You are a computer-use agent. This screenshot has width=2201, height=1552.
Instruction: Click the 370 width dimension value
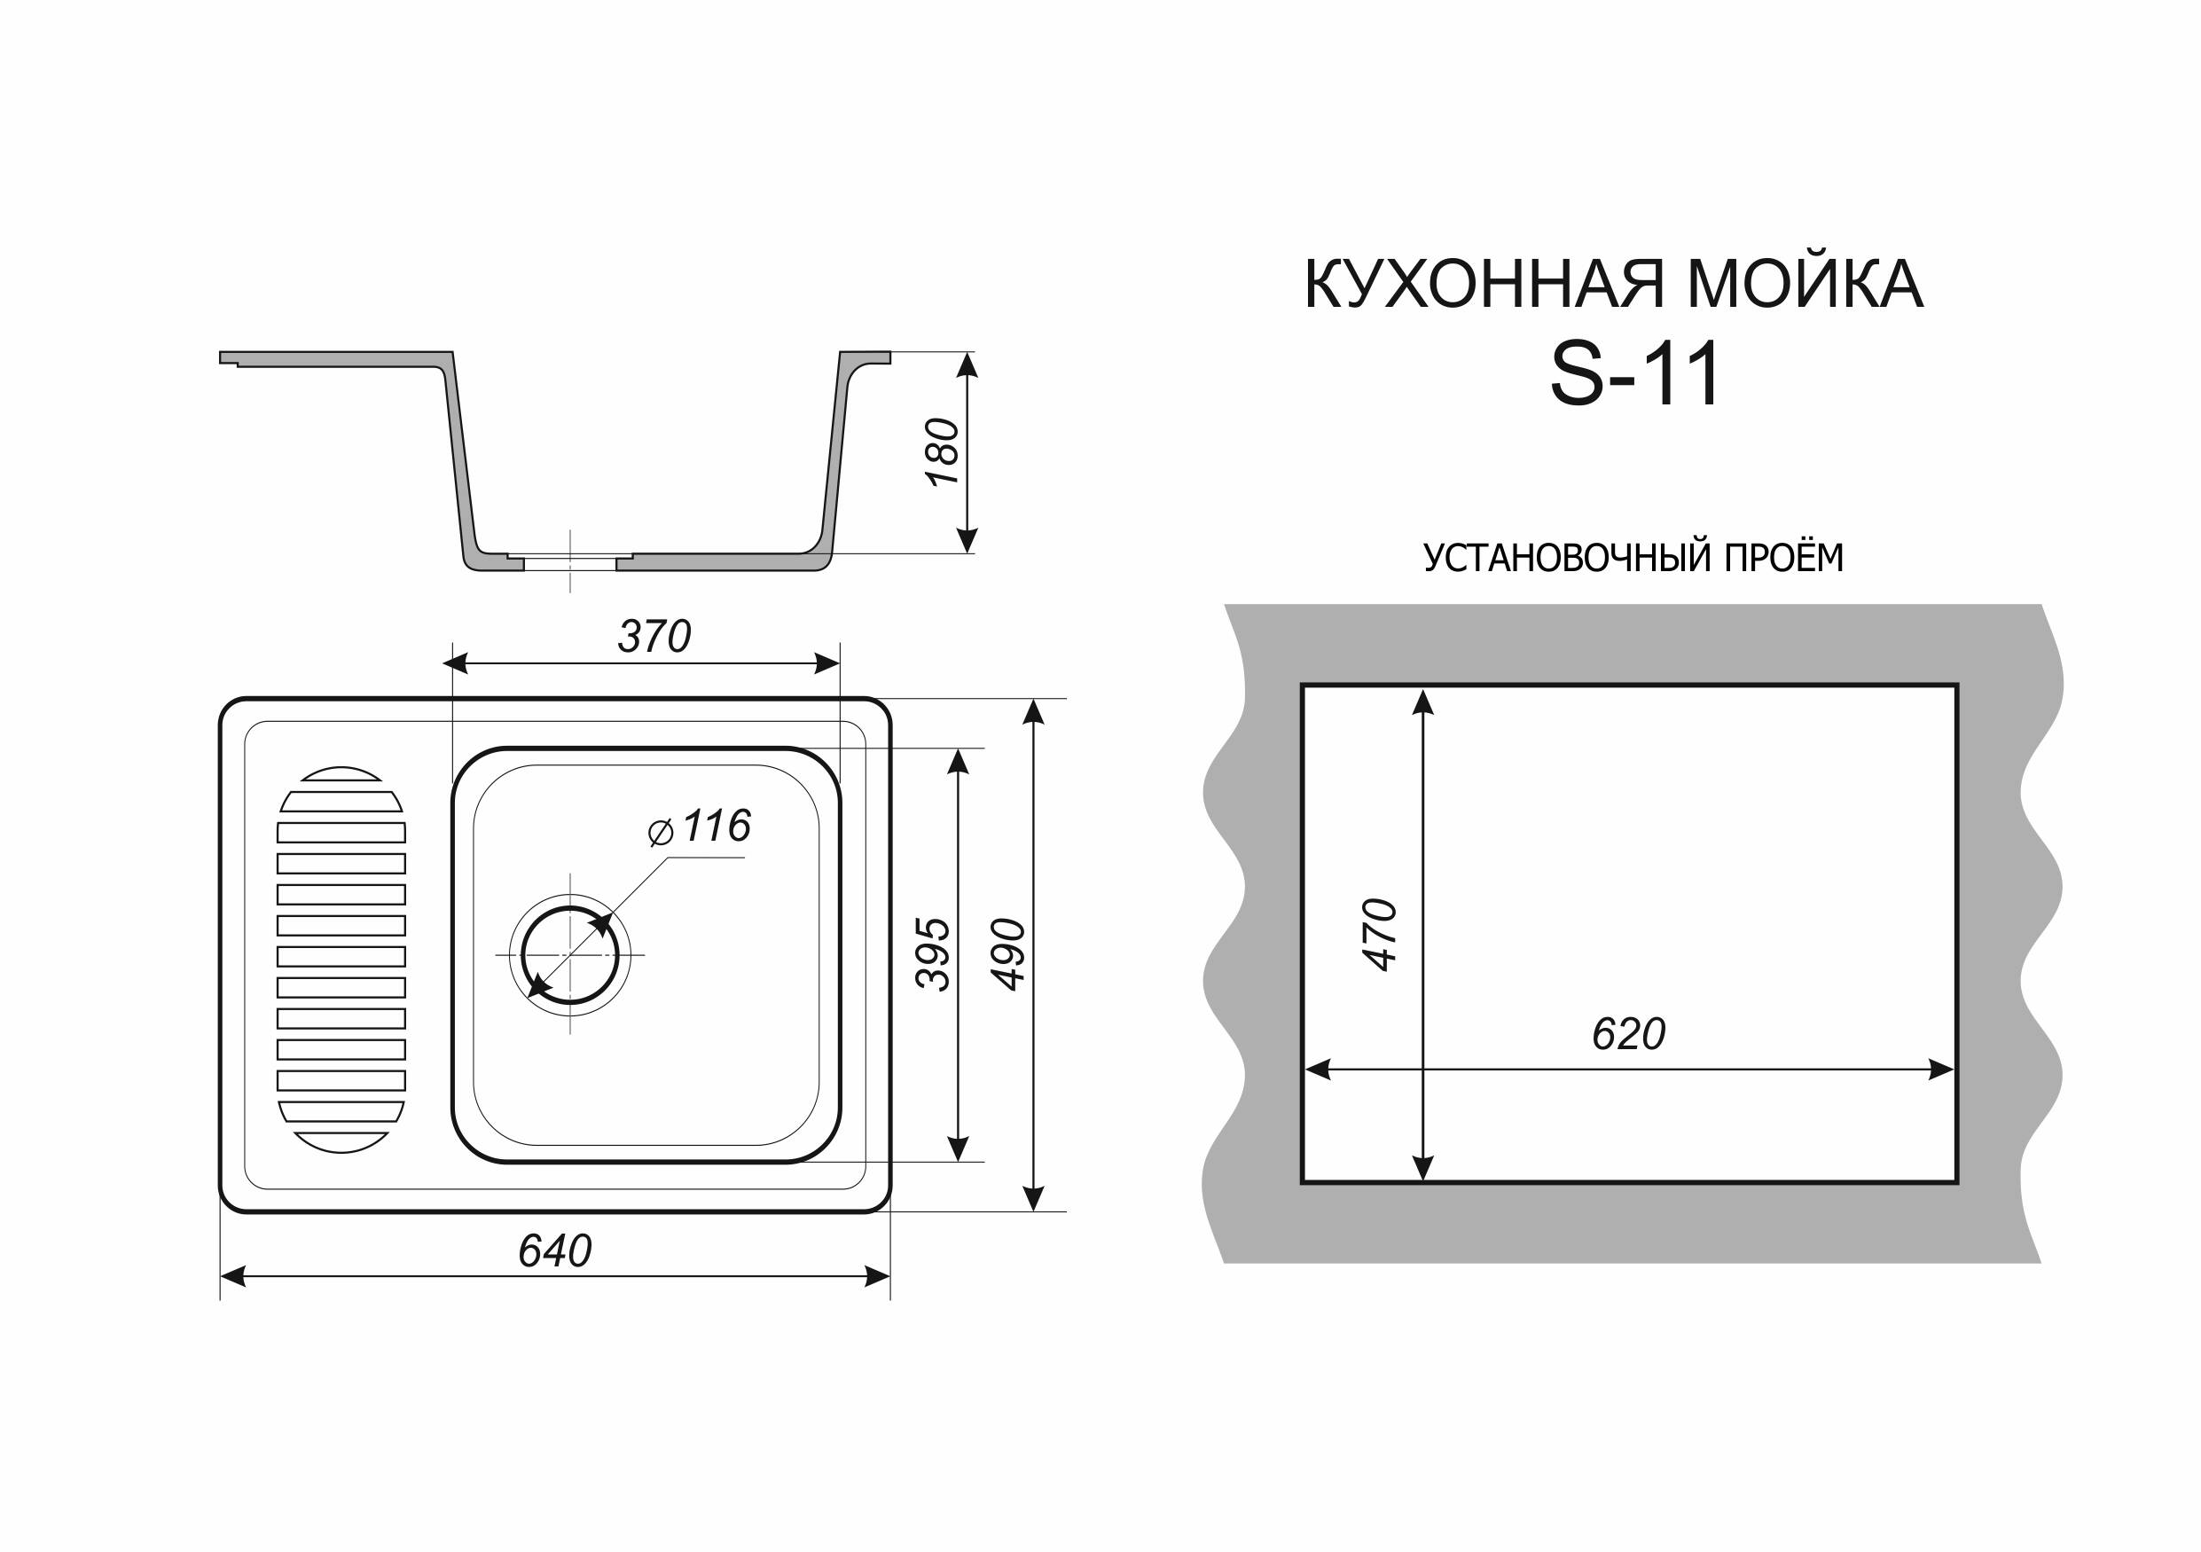(x=654, y=637)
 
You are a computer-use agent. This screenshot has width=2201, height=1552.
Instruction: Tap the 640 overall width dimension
(x=555, y=1251)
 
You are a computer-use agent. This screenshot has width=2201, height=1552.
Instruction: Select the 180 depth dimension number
(x=944, y=451)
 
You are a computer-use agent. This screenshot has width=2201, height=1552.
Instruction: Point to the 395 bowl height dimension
(x=933, y=954)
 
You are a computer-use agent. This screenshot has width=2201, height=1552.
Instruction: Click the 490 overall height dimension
(x=1008, y=954)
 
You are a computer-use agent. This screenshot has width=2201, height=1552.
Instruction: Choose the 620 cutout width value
(x=1629, y=1034)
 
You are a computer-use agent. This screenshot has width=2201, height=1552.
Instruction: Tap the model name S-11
(x=1635, y=375)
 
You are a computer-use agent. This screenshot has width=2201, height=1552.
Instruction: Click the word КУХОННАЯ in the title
(x=1488, y=284)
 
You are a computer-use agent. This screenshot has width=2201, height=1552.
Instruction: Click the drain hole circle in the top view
(x=570, y=955)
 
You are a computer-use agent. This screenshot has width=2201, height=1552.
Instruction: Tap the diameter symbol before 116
(x=661, y=833)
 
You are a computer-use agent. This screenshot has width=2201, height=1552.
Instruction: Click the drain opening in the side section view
(x=570, y=561)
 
